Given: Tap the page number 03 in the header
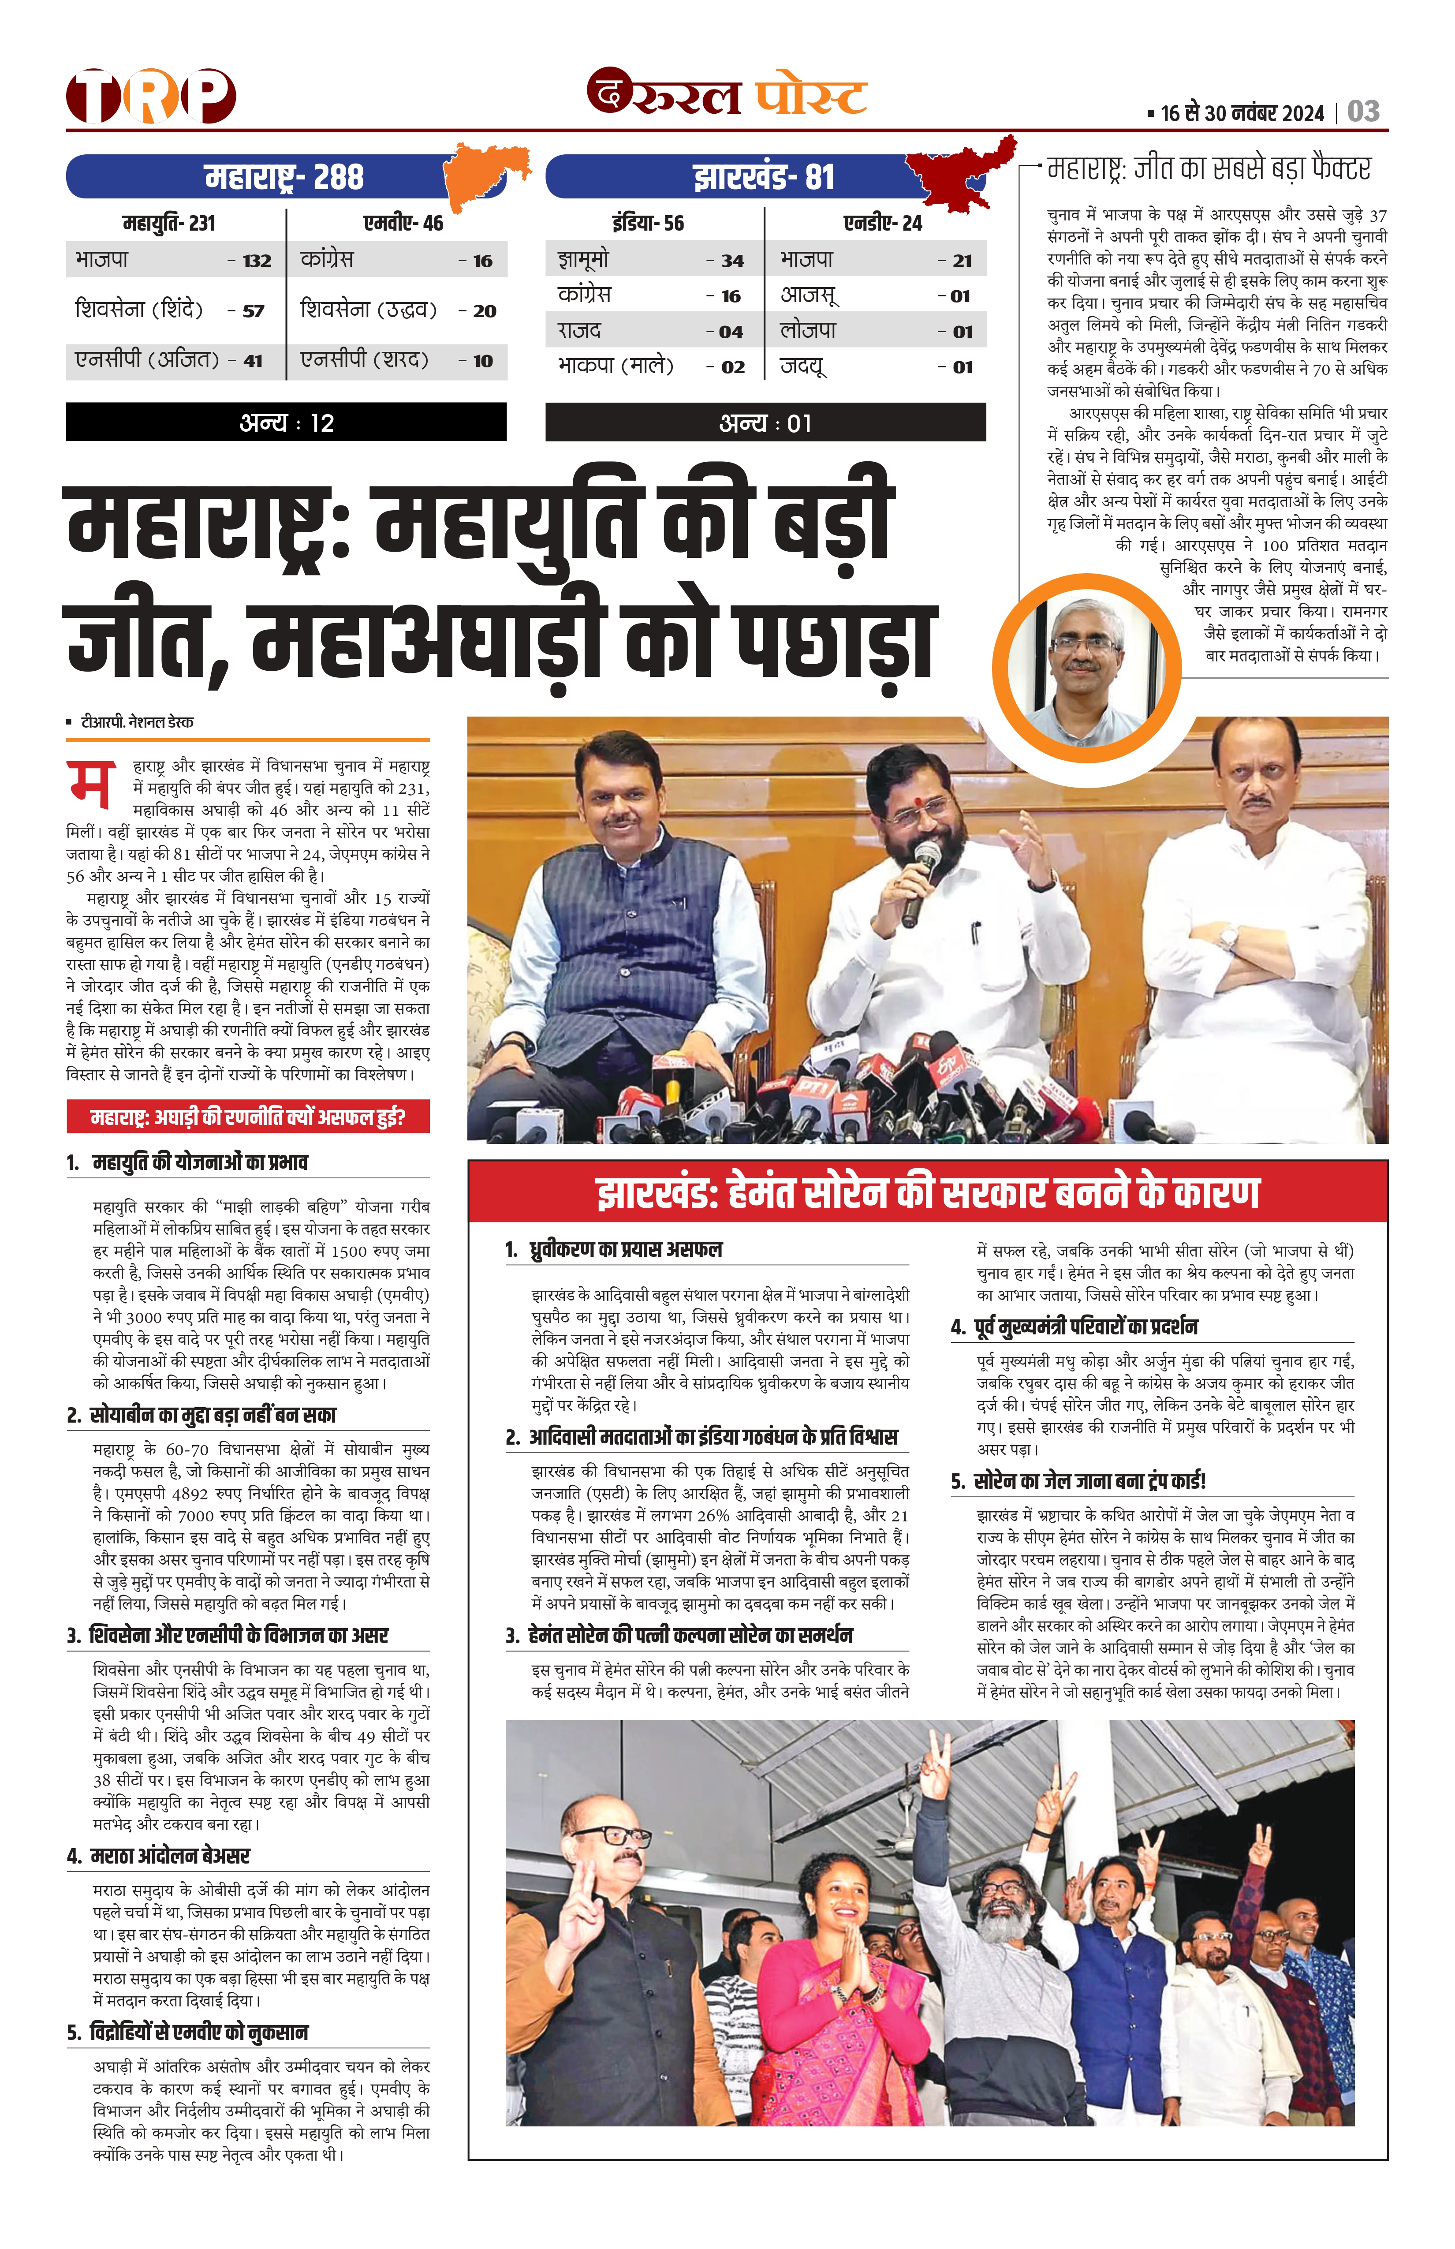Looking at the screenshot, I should (1363, 112).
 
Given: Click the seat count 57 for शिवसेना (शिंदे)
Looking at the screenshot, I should (253, 311).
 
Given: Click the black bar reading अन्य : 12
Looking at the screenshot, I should (286, 422).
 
